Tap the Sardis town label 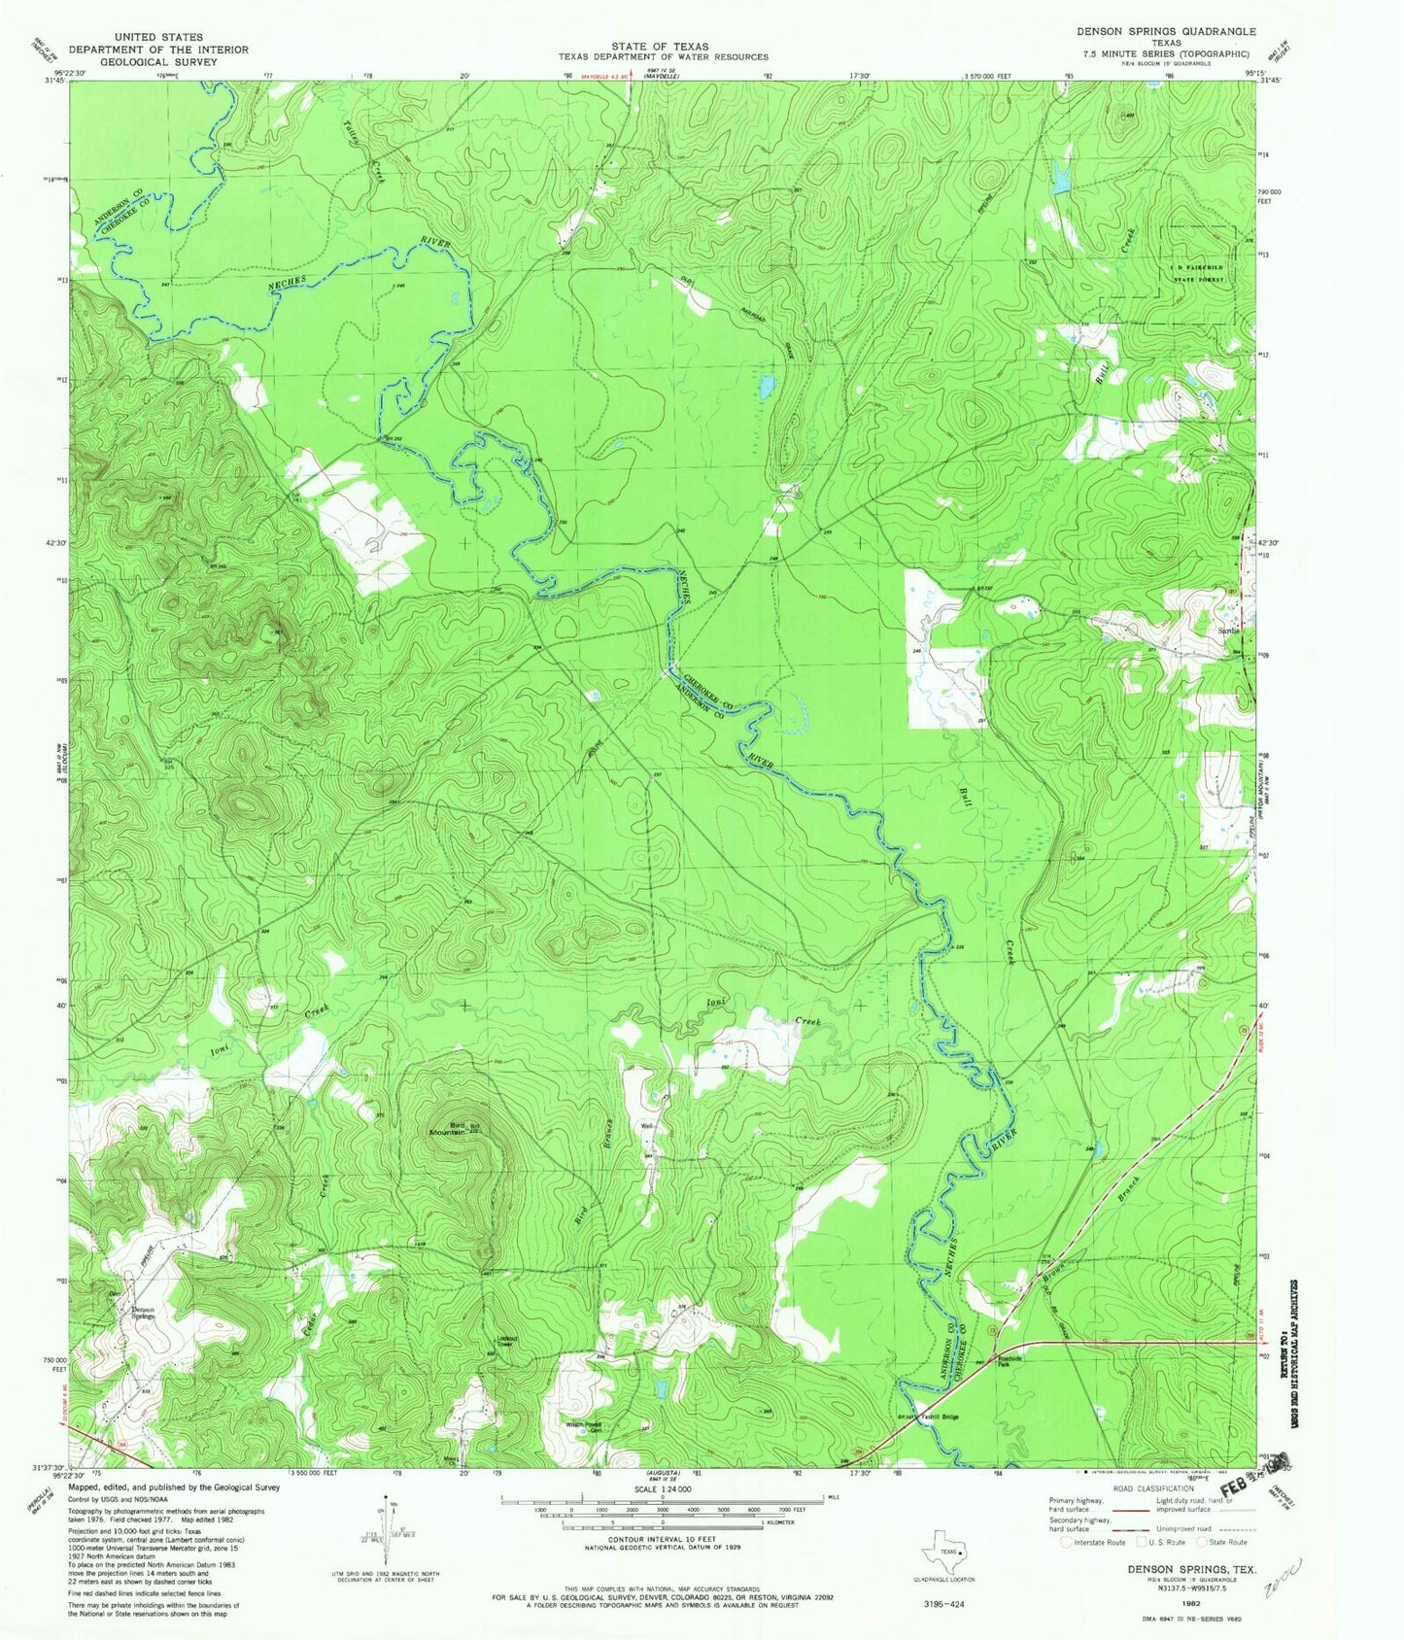[x=1229, y=631]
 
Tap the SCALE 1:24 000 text [x=660, y=1488]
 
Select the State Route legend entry [x=1228, y=1542]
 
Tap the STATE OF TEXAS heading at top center [x=660, y=46]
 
